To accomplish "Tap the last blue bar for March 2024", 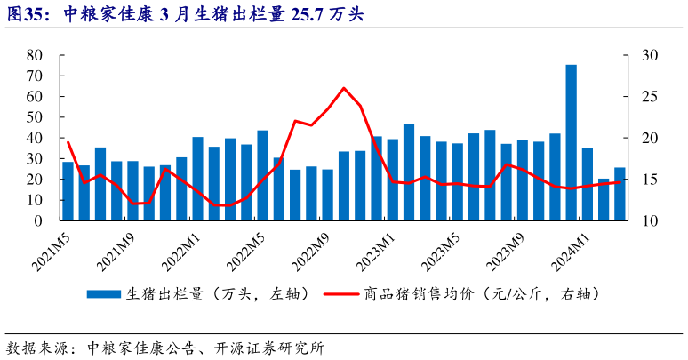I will point(620,193).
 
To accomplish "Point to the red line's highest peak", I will point(344,88).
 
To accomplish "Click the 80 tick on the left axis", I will point(36,55).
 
